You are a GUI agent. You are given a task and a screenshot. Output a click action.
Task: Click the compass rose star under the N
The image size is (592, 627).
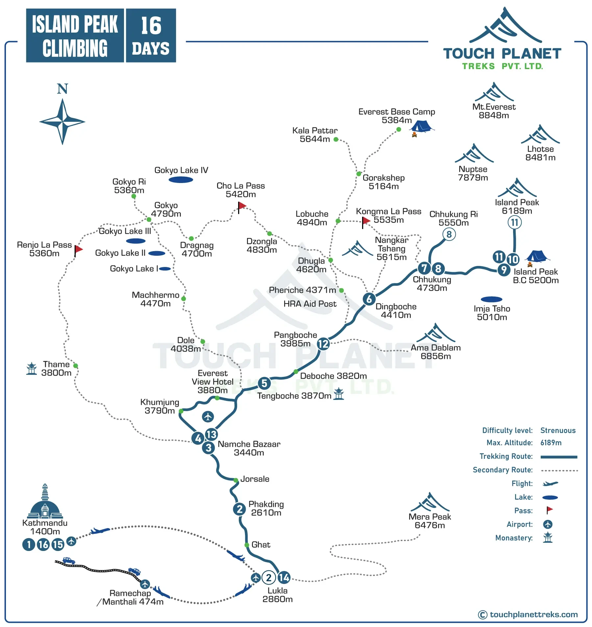(x=62, y=121)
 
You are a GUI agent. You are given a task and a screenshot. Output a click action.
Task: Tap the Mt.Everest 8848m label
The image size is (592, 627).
(x=494, y=111)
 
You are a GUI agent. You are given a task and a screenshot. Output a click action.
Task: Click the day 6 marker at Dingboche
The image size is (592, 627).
(x=369, y=299)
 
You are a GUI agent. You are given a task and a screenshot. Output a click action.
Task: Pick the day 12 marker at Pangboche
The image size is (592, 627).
(x=323, y=344)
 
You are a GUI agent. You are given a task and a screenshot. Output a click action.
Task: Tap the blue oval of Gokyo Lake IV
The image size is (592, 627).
(x=181, y=180)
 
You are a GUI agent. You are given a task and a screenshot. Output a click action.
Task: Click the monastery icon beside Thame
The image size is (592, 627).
(x=32, y=369)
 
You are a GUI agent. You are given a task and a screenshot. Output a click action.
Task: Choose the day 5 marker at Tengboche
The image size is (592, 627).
(x=264, y=383)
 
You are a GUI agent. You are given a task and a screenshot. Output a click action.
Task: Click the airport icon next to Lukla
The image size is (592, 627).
(x=256, y=578)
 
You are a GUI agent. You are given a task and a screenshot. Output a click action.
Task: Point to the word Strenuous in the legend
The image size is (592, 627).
(x=558, y=431)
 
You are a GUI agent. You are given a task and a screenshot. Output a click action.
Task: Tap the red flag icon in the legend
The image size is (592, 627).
(x=549, y=510)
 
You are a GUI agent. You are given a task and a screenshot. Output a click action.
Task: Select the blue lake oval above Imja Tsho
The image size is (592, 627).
(x=491, y=299)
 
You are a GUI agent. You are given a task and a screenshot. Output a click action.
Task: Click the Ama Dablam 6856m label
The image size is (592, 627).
(x=435, y=352)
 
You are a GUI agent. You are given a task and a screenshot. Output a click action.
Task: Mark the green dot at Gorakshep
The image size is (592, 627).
(x=358, y=174)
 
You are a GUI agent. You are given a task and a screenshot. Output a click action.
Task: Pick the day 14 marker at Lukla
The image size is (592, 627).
(x=284, y=578)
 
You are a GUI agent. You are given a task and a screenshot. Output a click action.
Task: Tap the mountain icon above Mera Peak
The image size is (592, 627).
(x=430, y=502)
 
